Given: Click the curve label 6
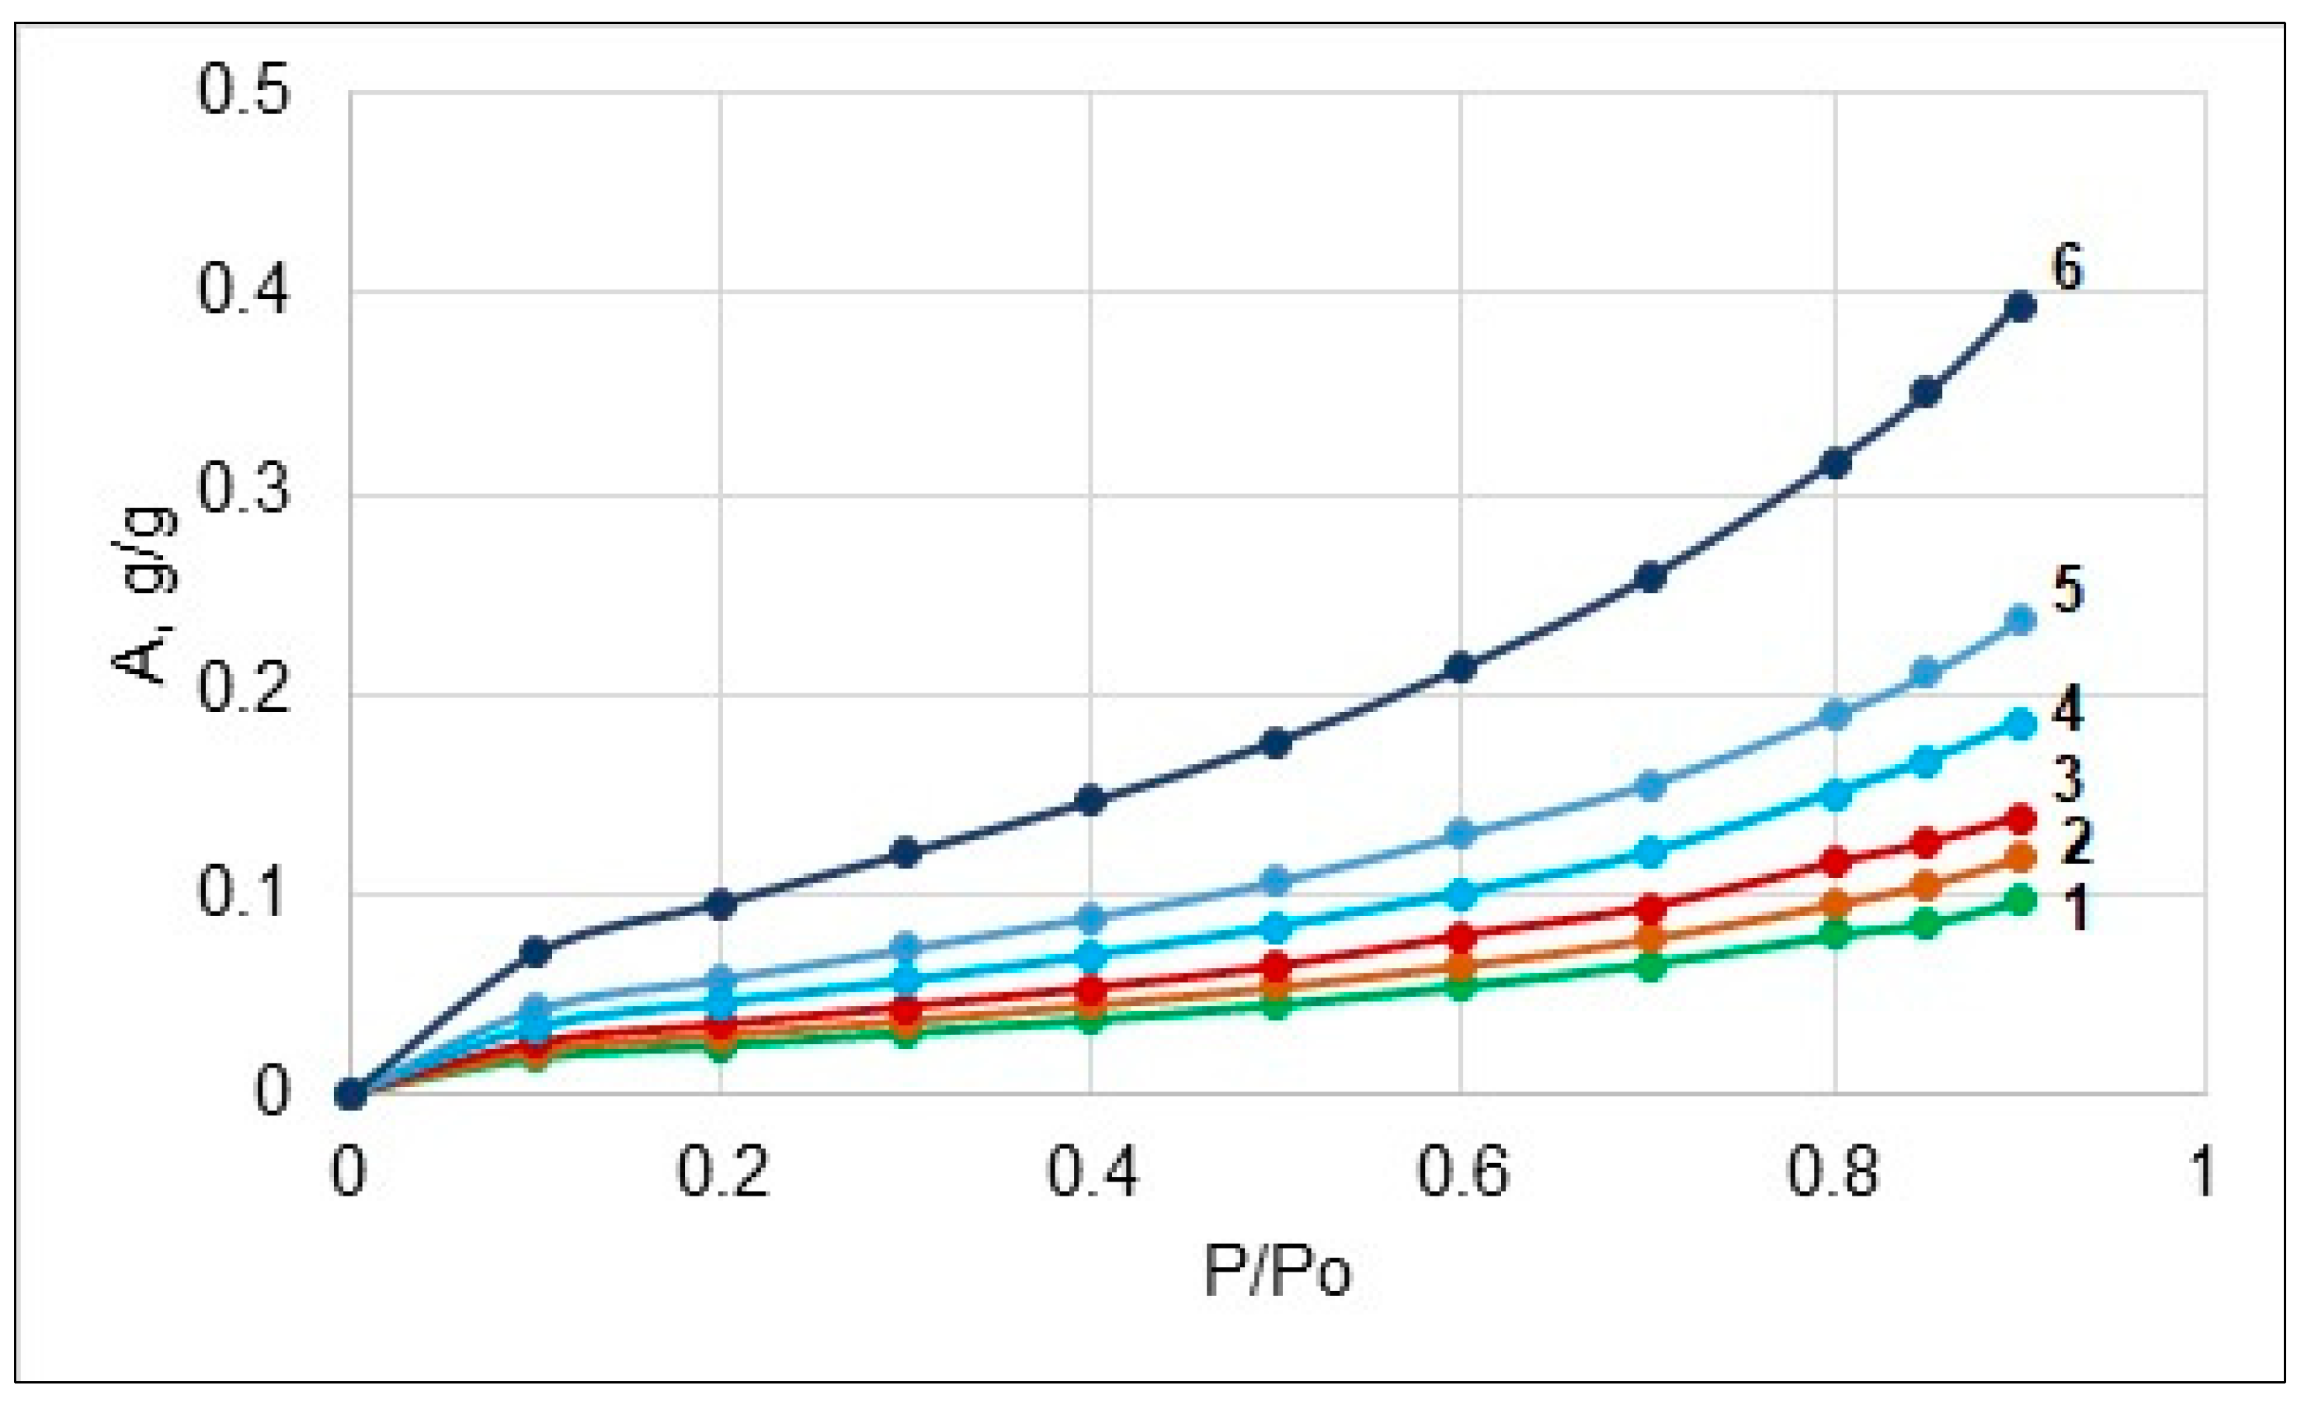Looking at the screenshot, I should click(x=2067, y=266).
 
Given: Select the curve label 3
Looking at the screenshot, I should click(x=2067, y=779).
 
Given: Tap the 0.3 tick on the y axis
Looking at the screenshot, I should click(x=243, y=495).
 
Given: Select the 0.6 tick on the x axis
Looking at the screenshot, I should click(x=1461, y=1172).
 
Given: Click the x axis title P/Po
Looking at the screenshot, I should click(x=1277, y=1272).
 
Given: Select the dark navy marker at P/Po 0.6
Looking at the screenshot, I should click(x=1461, y=668).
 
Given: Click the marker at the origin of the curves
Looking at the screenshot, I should click(x=350, y=1094).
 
